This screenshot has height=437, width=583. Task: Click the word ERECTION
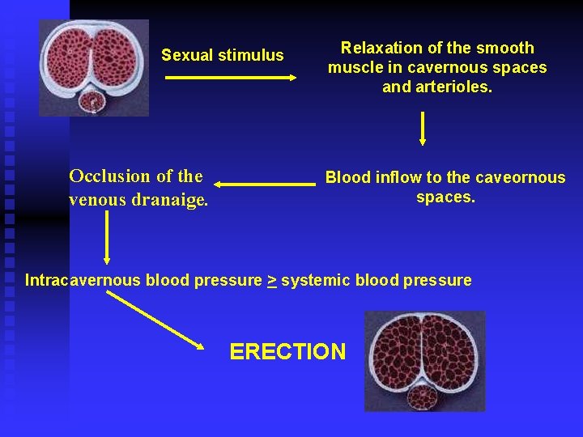pyautogui.click(x=287, y=352)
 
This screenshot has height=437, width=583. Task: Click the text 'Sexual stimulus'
pyautogui.click(x=223, y=55)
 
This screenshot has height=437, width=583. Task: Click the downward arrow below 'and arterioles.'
pyautogui.click(x=423, y=128)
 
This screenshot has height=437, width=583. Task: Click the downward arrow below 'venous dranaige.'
pyautogui.click(x=107, y=238)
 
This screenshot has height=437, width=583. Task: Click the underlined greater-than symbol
pyautogui.click(x=272, y=281)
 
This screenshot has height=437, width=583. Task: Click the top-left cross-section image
pyautogui.click(x=95, y=68)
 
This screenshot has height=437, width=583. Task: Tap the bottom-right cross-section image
pyautogui.click(x=424, y=360)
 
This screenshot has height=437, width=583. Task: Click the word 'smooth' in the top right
pyautogui.click(x=508, y=48)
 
